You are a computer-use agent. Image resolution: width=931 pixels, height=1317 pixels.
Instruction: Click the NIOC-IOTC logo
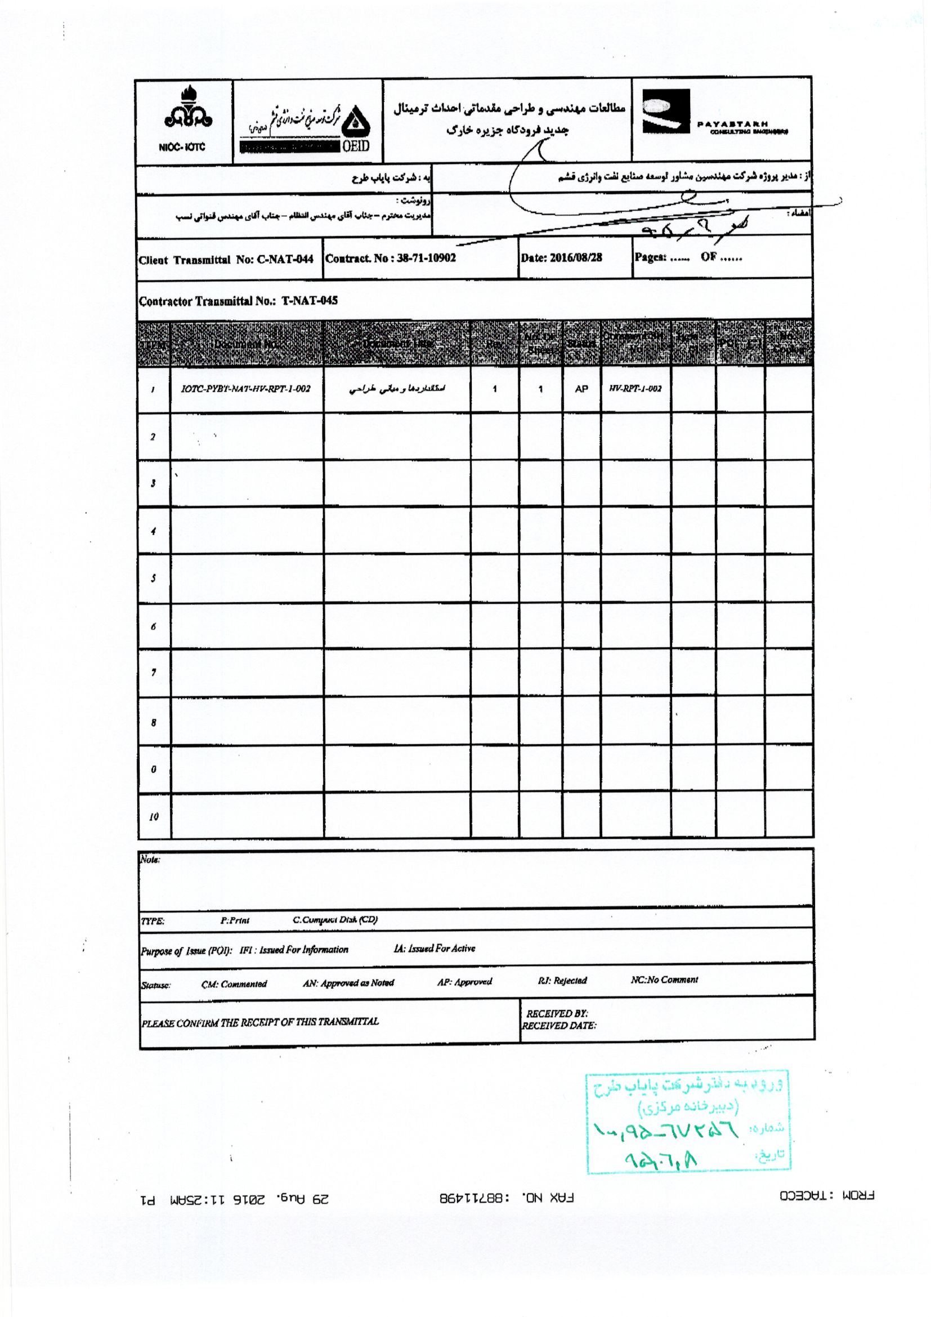tap(184, 119)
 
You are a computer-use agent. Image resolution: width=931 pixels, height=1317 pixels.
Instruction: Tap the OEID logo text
tap(355, 146)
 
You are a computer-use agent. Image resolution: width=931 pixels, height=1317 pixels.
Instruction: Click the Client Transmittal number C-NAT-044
tap(284, 260)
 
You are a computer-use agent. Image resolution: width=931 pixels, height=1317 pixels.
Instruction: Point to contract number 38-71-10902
tap(426, 258)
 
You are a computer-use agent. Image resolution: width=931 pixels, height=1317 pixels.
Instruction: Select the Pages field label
tap(650, 257)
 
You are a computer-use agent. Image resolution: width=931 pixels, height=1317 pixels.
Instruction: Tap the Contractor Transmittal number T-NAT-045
tap(309, 301)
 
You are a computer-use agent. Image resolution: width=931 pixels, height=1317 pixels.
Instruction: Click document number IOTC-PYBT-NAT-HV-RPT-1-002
tap(245, 389)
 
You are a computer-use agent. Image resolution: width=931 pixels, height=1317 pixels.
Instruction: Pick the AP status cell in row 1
tap(581, 389)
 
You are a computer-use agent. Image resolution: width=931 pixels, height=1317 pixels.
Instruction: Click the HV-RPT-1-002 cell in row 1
tap(635, 389)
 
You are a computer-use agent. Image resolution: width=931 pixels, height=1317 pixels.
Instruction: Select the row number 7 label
tap(153, 673)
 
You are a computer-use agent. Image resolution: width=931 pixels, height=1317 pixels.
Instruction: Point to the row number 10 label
tap(154, 817)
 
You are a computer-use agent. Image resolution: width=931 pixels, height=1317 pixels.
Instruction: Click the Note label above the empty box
tap(150, 860)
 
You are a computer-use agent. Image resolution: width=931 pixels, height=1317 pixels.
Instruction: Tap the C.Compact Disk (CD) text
tap(335, 920)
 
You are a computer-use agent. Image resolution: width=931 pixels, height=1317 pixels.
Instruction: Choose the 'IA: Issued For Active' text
tap(434, 949)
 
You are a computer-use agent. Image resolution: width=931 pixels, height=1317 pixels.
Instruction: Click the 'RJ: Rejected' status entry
tap(562, 980)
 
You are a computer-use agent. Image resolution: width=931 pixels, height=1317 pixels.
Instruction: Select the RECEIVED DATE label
tap(558, 1026)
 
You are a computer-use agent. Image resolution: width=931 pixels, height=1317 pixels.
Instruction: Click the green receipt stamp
tap(688, 1121)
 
